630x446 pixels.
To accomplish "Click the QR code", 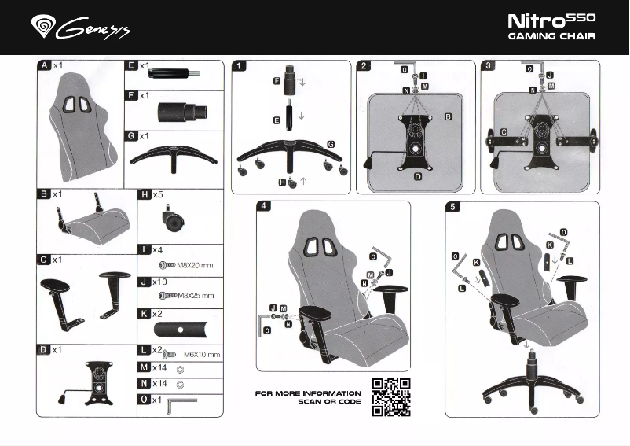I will (390, 396).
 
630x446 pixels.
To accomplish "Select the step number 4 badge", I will (267, 207).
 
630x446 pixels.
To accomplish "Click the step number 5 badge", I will (453, 207).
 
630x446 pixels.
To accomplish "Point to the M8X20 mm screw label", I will (195, 265).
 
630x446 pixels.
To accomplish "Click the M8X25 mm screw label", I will (195, 296).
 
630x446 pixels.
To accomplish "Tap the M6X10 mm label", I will (201, 355).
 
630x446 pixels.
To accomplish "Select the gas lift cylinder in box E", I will (168, 75).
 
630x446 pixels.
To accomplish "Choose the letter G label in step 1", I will (331, 145).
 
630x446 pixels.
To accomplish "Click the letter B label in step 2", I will (449, 116).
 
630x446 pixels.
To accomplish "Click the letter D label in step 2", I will (418, 177).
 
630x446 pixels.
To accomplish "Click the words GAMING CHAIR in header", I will (551, 36).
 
